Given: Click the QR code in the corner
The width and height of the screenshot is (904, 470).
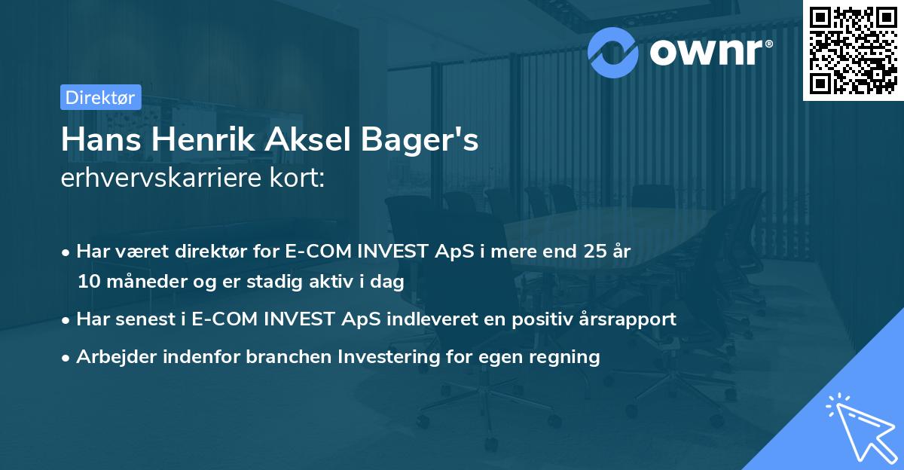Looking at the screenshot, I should click(x=852, y=50).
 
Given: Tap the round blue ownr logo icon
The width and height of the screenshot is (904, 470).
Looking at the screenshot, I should click(x=613, y=52).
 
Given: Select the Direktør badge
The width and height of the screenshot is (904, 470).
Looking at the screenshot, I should click(x=101, y=97).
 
